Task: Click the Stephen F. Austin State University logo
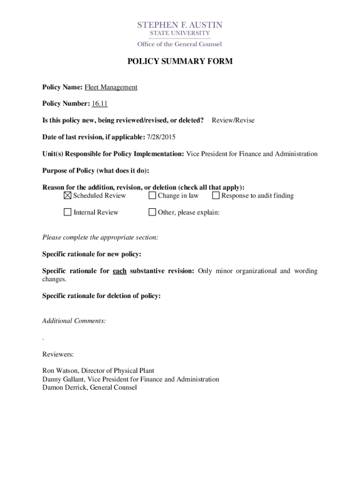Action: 180,29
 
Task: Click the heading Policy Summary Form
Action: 180,61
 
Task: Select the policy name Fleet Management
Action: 111,87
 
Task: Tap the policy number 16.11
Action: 100,103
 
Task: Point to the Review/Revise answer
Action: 233,120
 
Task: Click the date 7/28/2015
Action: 161,137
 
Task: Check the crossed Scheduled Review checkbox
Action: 68,196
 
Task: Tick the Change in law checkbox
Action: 152,196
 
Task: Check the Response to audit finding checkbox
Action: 216,196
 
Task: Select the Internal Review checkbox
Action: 68,212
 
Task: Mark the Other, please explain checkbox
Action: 152,212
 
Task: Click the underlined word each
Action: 120,271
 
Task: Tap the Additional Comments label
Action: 74,321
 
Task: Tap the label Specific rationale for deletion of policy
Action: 101,296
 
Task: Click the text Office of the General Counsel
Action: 180,44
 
